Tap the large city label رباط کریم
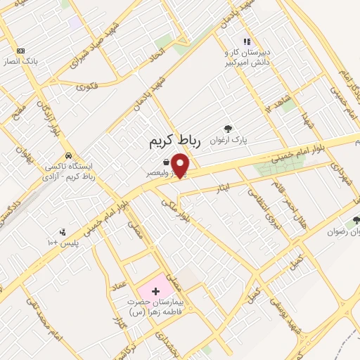coord(175,141)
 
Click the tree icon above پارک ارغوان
coord(227,128)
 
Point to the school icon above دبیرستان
coord(246,41)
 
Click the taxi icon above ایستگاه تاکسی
coord(67,155)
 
